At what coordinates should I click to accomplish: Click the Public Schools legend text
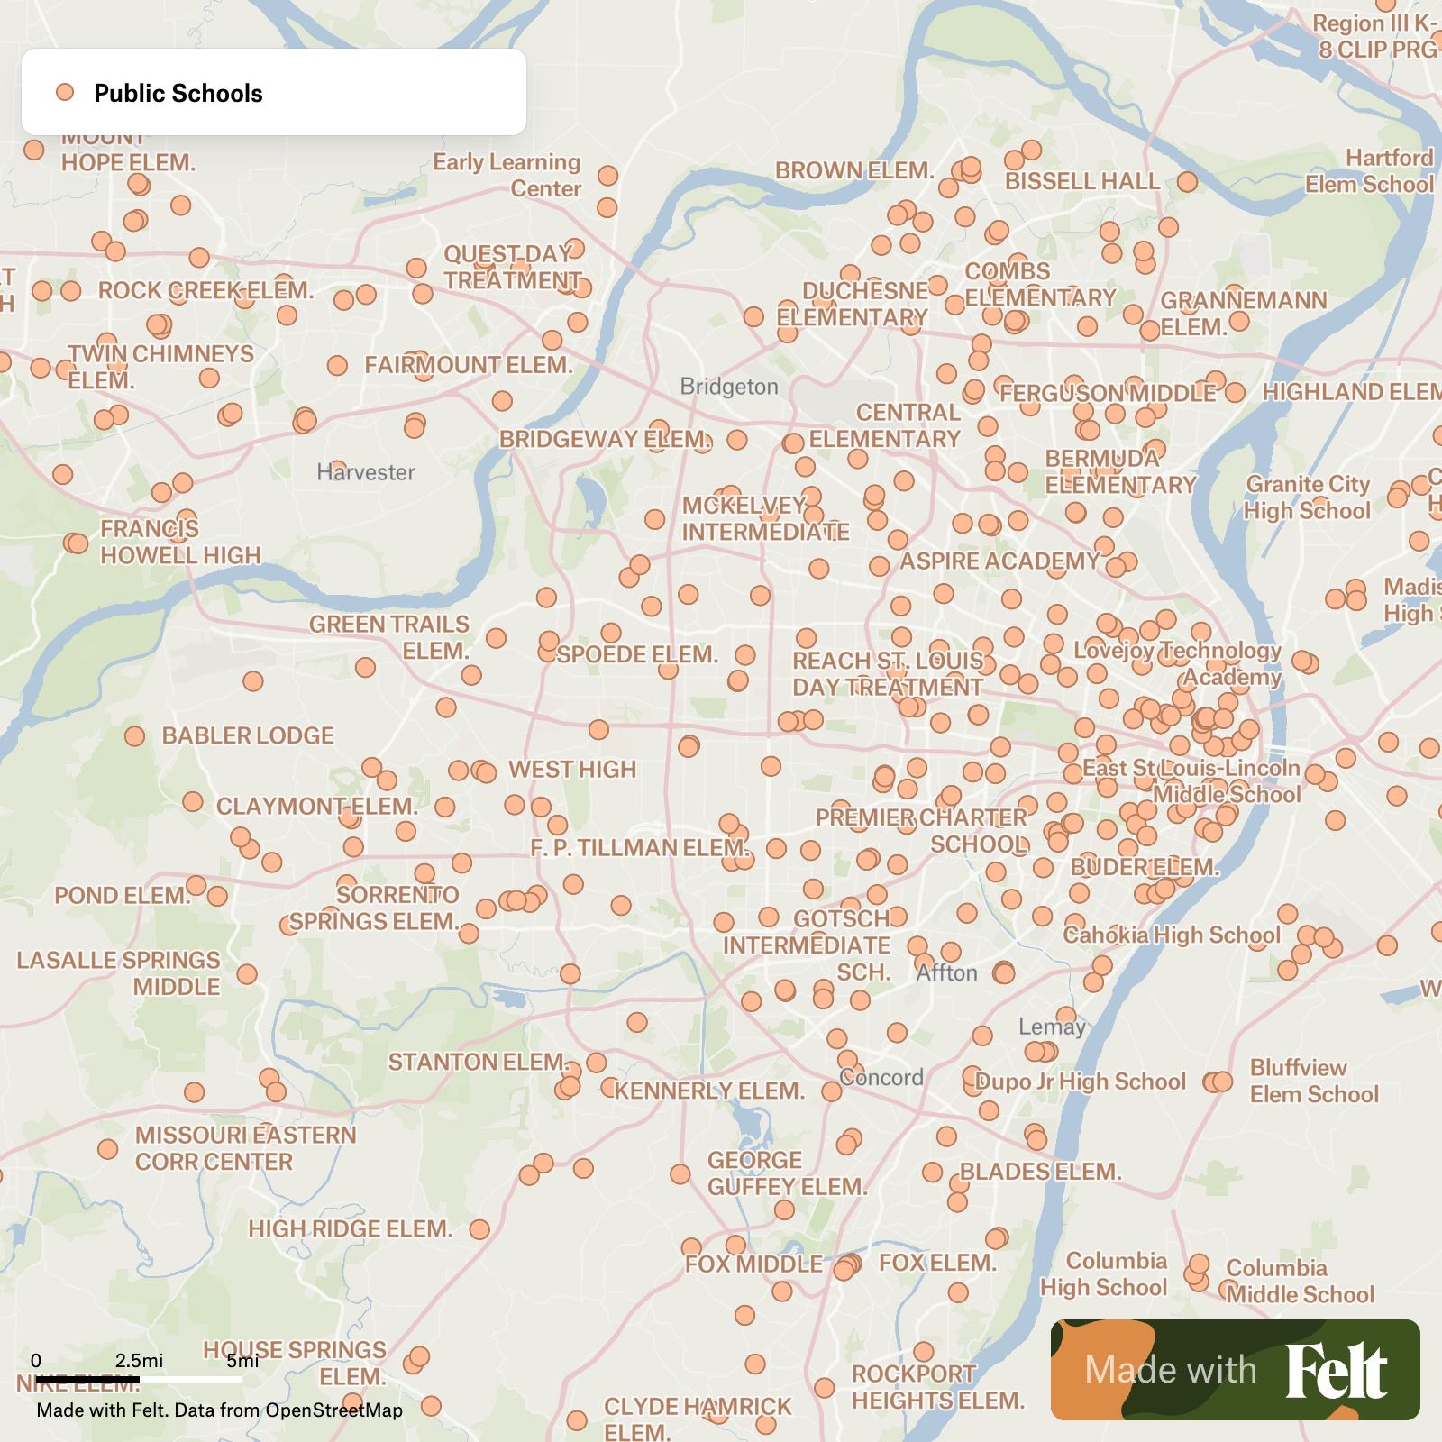pyautogui.click(x=178, y=93)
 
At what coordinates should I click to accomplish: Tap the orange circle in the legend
pyautogui.click(x=65, y=92)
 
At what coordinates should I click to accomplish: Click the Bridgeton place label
pyautogui.click(x=728, y=387)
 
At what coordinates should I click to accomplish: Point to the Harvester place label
pyautogui.click(x=366, y=472)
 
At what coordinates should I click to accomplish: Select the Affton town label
pyautogui.click(x=946, y=973)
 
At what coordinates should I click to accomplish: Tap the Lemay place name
pyautogui.click(x=1052, y=1027)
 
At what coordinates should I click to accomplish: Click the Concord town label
pyautogui.click(x=881, y=1077)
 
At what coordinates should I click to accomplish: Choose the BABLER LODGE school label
pyautogui.click(x=248, y=735)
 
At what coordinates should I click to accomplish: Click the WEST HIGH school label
pyautogui.click(x=572, y=770)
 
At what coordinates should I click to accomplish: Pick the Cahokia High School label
pyautogui.click(x=1171, y=935)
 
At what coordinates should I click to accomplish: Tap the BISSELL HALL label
pyautogui.click(x=1082, y=181)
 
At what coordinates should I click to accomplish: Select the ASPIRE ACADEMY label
pyautogui.click(x=999, y=561)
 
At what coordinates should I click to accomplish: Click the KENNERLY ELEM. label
pyautogui.click(x=709, y=1091)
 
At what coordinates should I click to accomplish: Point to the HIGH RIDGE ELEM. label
pyautogui.click(x=350, y=1229)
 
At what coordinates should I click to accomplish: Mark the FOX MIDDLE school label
pyautogui.click(x=753, y=1264)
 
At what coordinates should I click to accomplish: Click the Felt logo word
pyautogui.click(x=1336, y=1371)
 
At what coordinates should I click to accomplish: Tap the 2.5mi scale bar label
pyautogui.click(x=139, y=1360)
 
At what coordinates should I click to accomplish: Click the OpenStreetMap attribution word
pyautogui.click(x=333, y=1410)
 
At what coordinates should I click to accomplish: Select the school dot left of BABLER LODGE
pyautogui.click(x=135, y=736)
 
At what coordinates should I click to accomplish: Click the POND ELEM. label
pyautogui.click(x=123, y=896)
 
